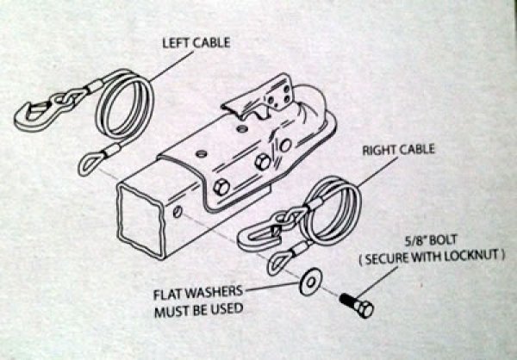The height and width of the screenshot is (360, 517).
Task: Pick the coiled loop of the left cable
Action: (126, 107)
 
